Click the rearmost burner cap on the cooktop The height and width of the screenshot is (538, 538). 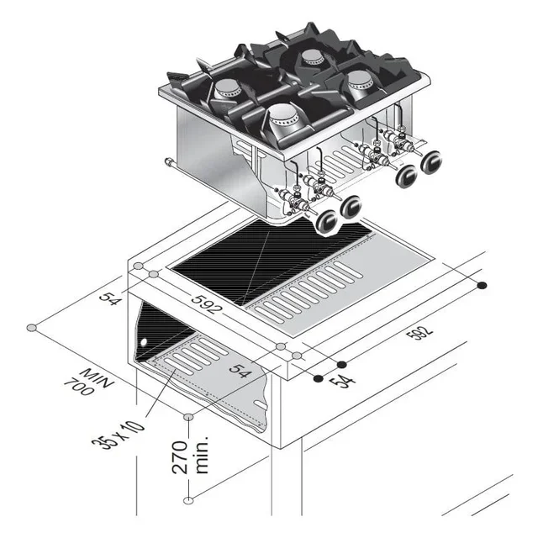(313, 56)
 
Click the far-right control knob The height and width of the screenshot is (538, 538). (433, 161)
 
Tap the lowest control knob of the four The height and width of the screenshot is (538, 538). (326, 220)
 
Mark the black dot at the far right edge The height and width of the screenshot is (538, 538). (482, 285)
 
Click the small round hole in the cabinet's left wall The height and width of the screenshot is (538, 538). (144, 342)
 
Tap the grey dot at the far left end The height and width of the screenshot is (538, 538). (31, 327)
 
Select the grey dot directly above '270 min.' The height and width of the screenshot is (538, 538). (188, 416)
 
